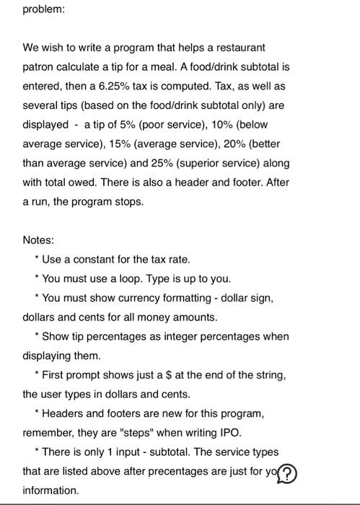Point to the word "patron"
pos(41,67)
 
